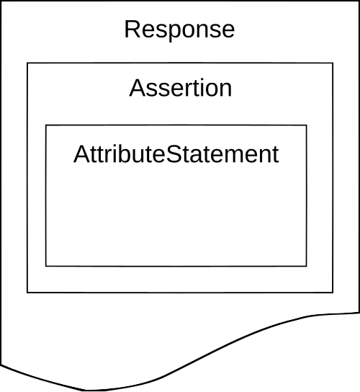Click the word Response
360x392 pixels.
pyautogui.click(x=179, y=30)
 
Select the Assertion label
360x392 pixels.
pyautogui.click(x=181, y=88)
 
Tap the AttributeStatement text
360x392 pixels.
pyautogui.click(x=176, y=154)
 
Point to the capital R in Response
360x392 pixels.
pyautogui.click(x=132, y=29)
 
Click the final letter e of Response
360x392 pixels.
pyautogui.click(x=228, y=32)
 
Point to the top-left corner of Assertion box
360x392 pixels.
pyautogui.click(x=27, y=63)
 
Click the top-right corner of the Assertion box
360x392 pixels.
pyautogui.click(x=333, y=63)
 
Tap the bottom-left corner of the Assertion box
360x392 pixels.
pyautogui.click(x=27, y=293)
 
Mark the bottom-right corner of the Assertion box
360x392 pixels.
pyautogui.click(x=333, y=293)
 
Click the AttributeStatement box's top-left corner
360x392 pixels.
pyautogui.click(x=46, y=125)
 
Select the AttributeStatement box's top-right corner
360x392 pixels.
pyautogui.click(x=307, y=125)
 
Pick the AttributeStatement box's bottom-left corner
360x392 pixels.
pyautogui.click(x=46, y=266)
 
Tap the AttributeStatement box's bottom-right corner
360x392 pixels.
pyautogui.click(x=307, y=266)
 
